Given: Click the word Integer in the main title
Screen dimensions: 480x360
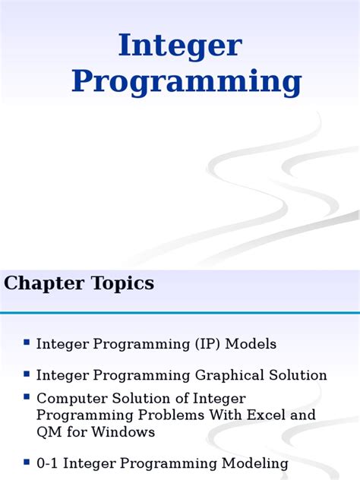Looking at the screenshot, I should (180, 47).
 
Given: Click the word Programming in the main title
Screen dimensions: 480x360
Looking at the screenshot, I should (187, 82).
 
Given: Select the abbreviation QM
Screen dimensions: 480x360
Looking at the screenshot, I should (49, 432).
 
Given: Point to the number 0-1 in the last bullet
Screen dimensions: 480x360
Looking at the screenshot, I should (49, 463).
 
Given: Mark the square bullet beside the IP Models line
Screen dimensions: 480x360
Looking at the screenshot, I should (27, 343).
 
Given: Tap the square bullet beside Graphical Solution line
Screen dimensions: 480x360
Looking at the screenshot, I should (27, 374).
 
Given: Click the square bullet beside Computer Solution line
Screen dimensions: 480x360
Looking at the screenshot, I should (27, 397).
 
